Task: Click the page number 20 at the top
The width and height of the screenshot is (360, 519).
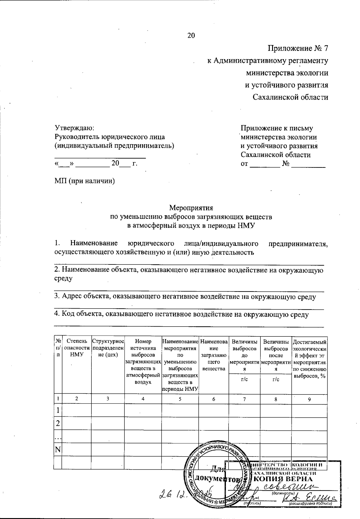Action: tap(191, 35)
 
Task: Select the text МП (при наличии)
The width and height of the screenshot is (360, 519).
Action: tap(85, 181)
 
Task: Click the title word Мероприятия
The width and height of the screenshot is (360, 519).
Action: tap(191, 208)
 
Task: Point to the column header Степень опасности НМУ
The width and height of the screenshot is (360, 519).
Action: tap(77, 348)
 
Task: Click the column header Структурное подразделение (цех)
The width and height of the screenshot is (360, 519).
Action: tap(108, 348)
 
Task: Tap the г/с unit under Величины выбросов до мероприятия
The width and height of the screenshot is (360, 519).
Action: tap(244, 379)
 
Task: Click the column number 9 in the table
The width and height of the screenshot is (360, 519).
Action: tap(309, 399)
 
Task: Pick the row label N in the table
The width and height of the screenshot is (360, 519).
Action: tap(58, 450)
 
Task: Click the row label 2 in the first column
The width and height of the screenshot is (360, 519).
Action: tap(58, 424)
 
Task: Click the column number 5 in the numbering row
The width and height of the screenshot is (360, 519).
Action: tap(180, 399)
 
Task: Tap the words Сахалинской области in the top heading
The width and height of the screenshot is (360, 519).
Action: tap(290, 97)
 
